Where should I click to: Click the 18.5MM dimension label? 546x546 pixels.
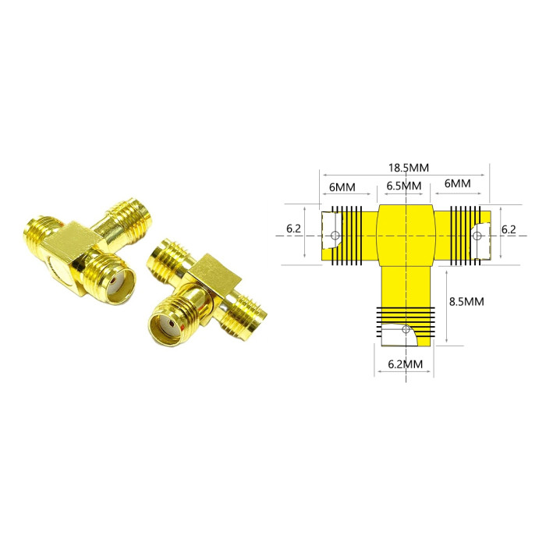tap(409, 168)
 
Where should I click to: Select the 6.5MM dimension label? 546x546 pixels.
tap(403, 186)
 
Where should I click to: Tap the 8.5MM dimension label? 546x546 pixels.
tap(466, 302)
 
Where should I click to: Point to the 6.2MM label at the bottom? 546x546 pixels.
tap(405, 364)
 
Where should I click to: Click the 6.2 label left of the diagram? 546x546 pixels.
tap(293, 229)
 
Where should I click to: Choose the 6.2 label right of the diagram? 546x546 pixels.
tap(509, 229)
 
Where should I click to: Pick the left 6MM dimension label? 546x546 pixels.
tap(342, 187)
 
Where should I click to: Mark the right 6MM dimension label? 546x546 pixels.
tap(457, 183)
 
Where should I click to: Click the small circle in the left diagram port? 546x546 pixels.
tap(335, 236)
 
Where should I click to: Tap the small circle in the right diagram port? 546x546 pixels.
tap(477, 236)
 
